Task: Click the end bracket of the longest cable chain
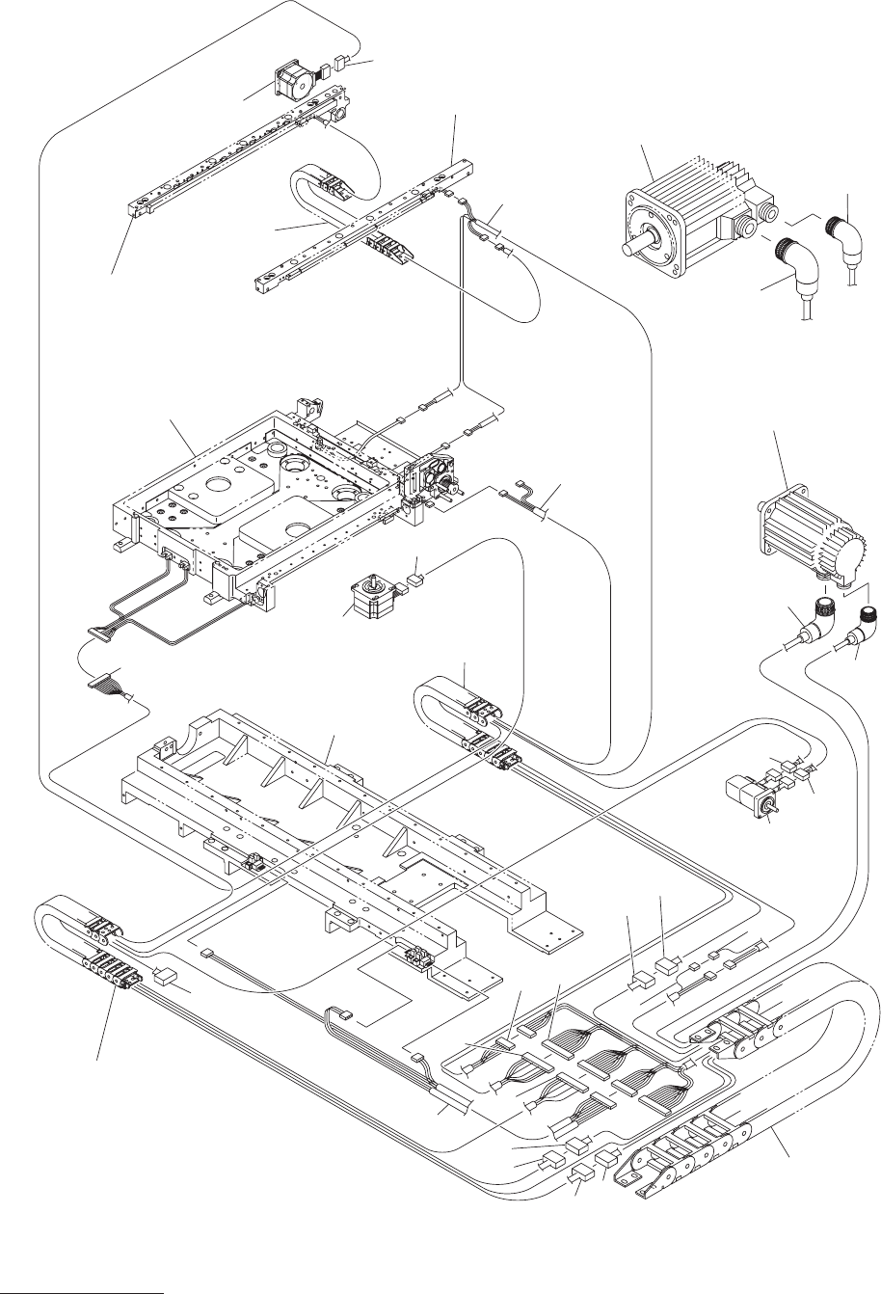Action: (647, 1181)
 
